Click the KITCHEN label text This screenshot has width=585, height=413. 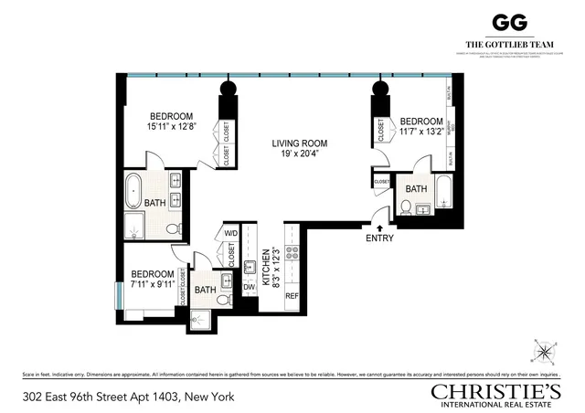[x=266, y=269]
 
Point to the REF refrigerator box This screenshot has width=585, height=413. [x=292, y=296]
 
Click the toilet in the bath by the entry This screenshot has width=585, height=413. [x=405, y=208]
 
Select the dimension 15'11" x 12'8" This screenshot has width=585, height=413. [x=172, y=128]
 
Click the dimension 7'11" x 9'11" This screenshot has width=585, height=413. [x=151, y=284]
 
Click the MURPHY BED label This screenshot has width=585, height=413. [x=449, y=128]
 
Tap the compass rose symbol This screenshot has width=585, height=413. [x=545, y=350]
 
